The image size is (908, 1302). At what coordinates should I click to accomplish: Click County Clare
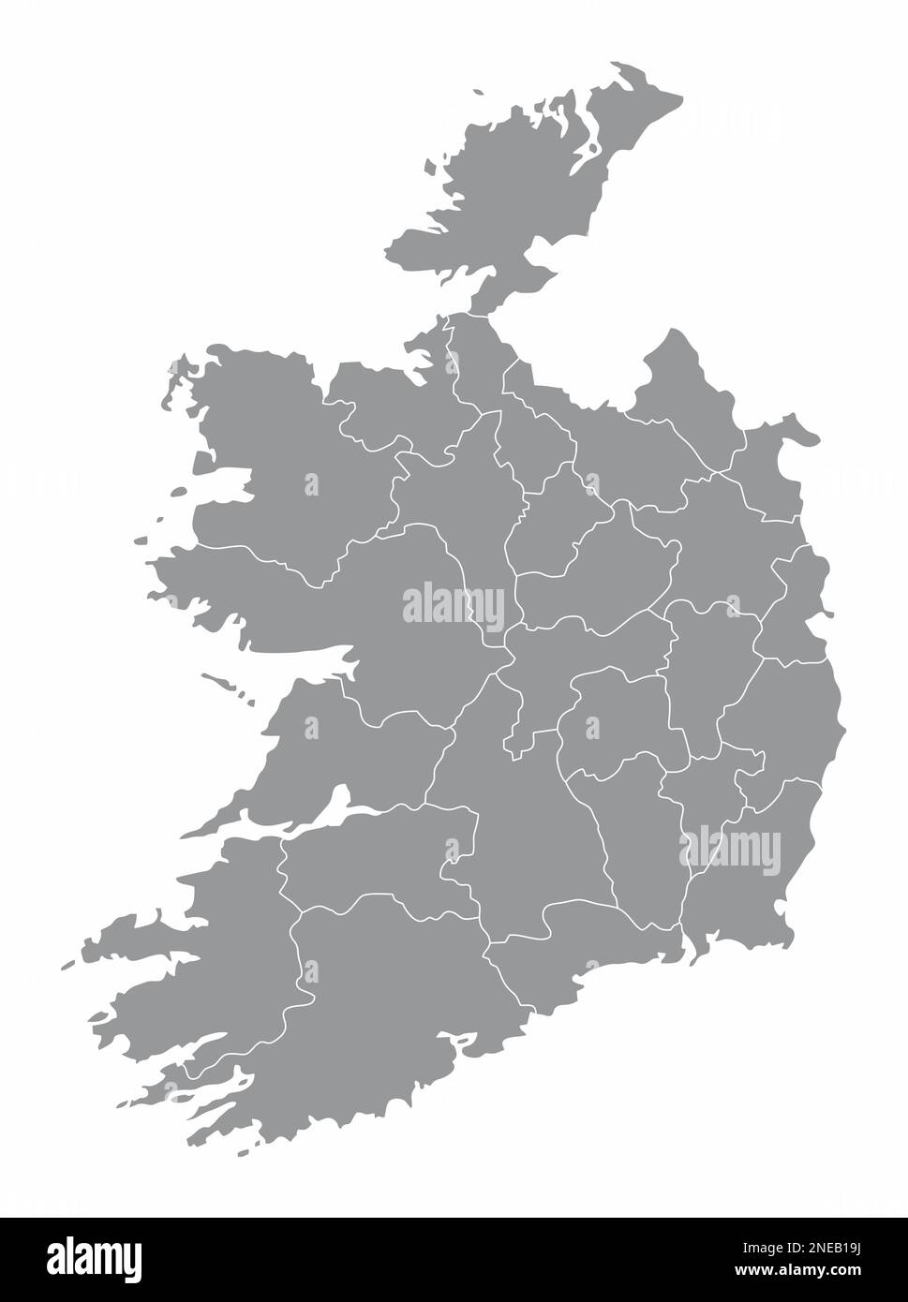pyautogui.click(x=328, y=759)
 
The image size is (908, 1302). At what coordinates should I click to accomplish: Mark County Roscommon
pyautogui.click(x=450, y=496)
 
